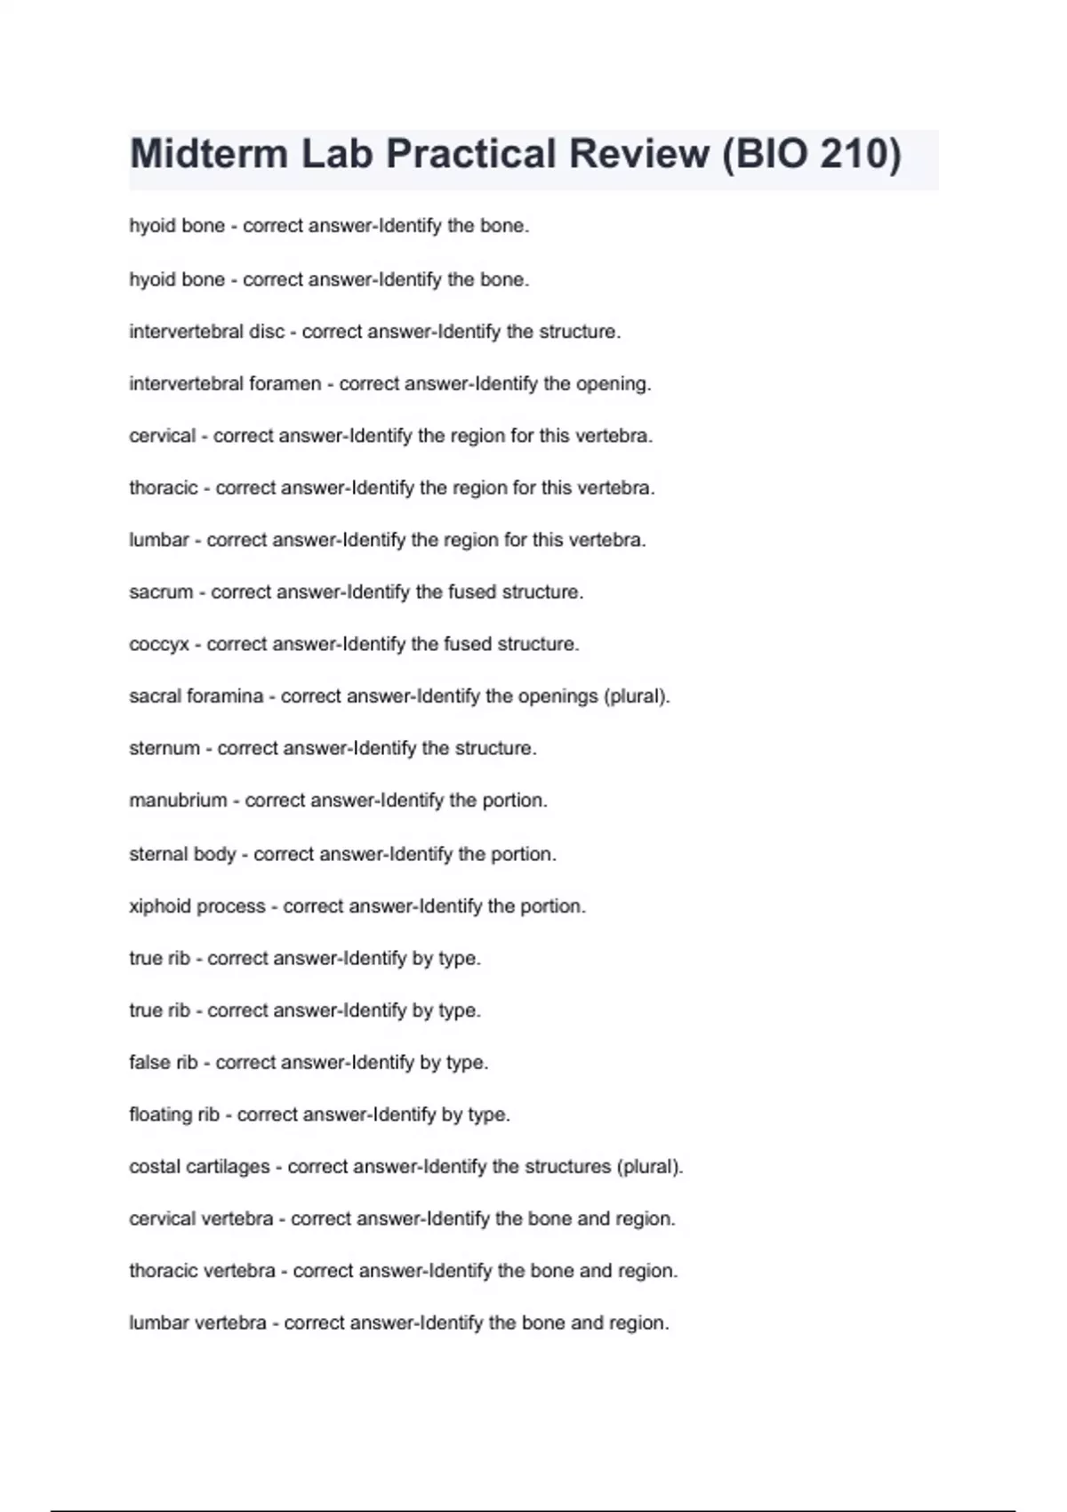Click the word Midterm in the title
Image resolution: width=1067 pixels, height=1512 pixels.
coord(208,154)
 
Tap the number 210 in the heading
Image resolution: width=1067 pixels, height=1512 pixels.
coord(848,154)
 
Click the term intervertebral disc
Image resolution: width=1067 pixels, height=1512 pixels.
coord(206,332)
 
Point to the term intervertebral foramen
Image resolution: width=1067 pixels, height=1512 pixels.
coord(225,384)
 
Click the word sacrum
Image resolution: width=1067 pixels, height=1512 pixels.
coord(161,592)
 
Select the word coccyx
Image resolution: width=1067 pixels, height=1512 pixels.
coord(159,645)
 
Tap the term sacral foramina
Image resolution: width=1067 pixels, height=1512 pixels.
coord(197,696)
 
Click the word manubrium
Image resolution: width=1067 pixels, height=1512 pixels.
coord(178,800)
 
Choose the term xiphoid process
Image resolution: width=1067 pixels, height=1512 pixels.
coord(197,906)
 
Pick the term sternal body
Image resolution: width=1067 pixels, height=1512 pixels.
coord(182,855)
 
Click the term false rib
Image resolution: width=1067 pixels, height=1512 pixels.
coord(164,1063)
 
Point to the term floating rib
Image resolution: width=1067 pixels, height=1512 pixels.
coord(174,1114)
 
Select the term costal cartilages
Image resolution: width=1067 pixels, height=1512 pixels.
coord(199,1167)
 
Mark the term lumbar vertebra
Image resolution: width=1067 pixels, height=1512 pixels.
coord(197,1323)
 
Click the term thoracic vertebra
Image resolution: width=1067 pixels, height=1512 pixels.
coord(202,1271)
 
